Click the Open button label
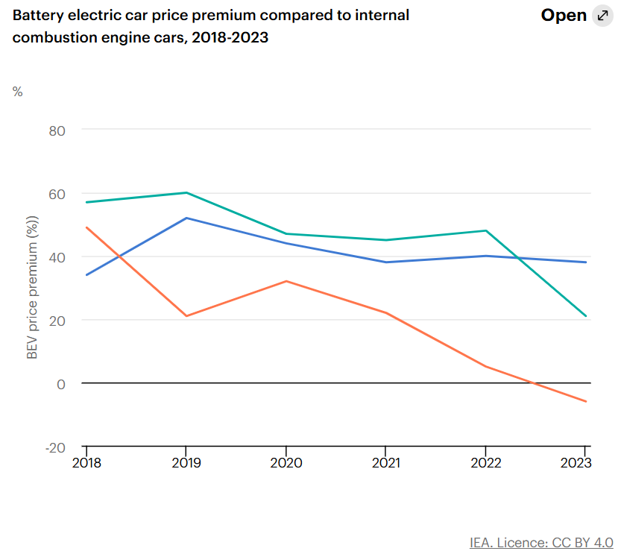(564, 16)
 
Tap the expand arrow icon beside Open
(602, 16)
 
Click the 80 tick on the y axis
(57, 130)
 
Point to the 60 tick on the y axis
(57, 193)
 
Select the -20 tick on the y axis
(55, 447)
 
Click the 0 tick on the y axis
(61, 383)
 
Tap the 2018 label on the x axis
(87, 462)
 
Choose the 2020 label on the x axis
(286, 462)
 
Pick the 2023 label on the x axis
(576, 462)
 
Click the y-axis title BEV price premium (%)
(32, 287)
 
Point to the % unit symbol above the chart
(18, 92)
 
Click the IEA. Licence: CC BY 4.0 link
(541, 542)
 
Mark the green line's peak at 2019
(186, 192)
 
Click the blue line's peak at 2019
(186, 218)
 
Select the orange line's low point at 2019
(186, 316)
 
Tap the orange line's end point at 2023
(586, 402)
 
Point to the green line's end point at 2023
(586, 316)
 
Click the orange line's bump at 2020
(286, 281)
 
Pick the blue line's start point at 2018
(87, 275)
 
